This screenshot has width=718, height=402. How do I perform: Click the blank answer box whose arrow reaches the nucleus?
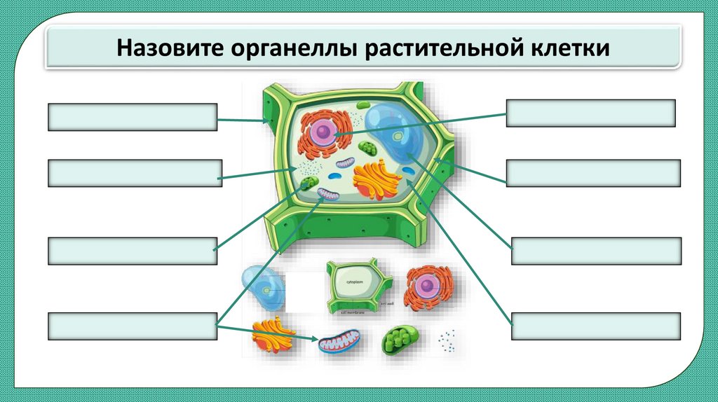click(590, 113)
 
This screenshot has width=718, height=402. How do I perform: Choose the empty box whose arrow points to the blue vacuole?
click(596, 251)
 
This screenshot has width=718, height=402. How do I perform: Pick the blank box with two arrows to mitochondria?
click(132, 327)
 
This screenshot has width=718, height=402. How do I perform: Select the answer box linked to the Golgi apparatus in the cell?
click(596, 326)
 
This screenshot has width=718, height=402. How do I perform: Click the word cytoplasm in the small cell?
click(355, 282)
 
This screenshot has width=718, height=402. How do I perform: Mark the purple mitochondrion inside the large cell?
click(328, 194)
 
